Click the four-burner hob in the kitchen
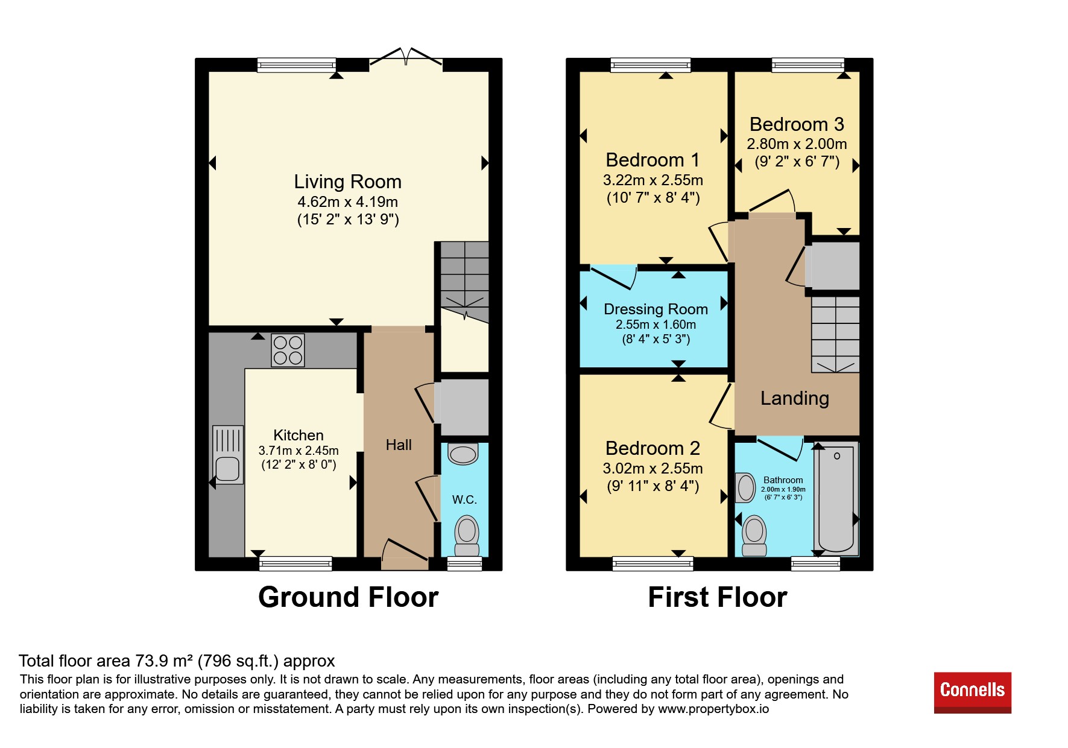click(x=288, y=350)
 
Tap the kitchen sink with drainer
click(x=228, y=455)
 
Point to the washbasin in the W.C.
click(x=463, y=454)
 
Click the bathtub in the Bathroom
click(x=836, y=499)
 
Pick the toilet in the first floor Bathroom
click(x=754, y=536)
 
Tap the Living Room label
click(x=347, y=182)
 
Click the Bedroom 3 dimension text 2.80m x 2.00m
click(x=797, y=144)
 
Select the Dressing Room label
click(x=656, y=309)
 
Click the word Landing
click(x=794, y=398)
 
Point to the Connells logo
click(x=972, y=693)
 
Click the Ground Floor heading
click(x=348, y=597)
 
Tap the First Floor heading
click(x=718, y=597)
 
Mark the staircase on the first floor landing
click(x=835, y=334)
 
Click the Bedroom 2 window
click(x=652, y=563)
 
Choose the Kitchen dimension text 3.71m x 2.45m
click(x=299, y=451)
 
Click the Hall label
click(x=399, y=445)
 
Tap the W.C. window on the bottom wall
click(x=464, y=563)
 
